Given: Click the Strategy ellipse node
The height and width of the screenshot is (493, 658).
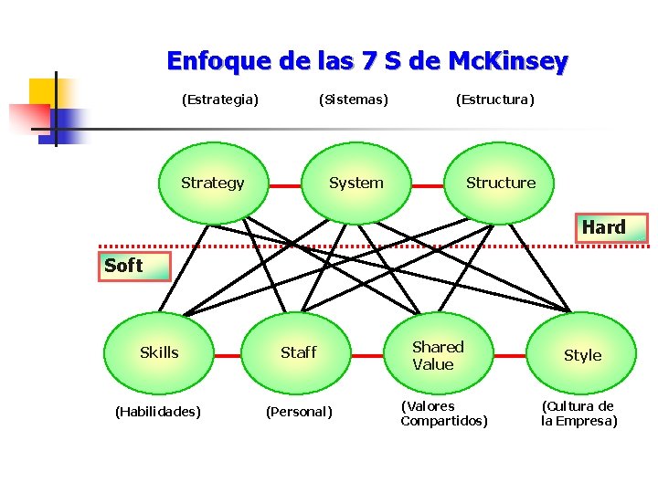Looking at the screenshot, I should click(213, 183).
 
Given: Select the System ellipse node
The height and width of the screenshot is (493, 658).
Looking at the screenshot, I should click(356, 183).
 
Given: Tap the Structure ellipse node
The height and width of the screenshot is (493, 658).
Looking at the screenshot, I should click(501, 183).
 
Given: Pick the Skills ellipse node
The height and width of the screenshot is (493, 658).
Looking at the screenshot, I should click(159, 352).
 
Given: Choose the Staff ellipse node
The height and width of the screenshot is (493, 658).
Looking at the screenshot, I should click(298, 352).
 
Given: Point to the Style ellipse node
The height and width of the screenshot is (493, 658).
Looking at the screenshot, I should click(582, 355).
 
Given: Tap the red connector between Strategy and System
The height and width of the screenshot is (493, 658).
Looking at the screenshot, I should click(285, 186).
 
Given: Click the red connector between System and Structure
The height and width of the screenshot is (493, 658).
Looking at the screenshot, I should click(426, 186).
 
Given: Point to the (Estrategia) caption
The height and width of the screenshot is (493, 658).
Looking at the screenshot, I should click(219, 99).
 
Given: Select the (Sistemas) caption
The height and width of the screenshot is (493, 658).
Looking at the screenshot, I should click(353, 99).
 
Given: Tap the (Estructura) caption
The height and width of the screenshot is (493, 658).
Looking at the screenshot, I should click(494, 99).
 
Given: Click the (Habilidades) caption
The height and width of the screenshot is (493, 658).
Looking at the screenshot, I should click(157, 412).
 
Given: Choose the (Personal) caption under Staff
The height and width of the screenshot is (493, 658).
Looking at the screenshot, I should click(299, 412).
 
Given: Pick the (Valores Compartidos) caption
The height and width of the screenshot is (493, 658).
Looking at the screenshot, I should click(444, 414).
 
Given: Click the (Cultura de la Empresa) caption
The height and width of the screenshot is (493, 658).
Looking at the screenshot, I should click(578, 414).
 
